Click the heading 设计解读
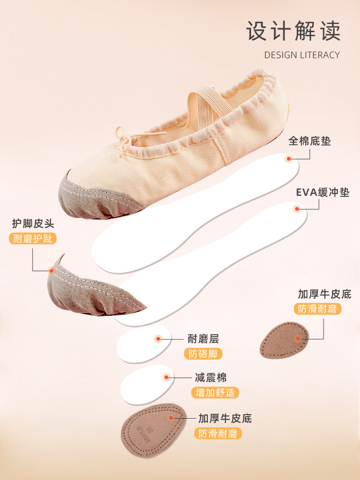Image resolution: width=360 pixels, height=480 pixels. click(x=293, y=31)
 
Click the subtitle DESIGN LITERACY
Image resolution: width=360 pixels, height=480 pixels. click(x=302, y=55)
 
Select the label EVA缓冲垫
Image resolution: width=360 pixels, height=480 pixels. click(x=322, y=193)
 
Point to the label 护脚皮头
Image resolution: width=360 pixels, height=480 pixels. click(x=34, y=223)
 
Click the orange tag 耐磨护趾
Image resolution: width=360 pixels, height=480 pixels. click(x=33, y=239)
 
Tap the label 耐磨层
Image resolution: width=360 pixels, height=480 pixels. click(x=203, y=339)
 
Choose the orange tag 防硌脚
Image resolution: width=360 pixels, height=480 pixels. click(x=203, y=354)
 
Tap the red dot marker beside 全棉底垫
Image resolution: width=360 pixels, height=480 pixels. click(x=288, y=158)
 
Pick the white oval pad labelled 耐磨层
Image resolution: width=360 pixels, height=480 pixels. click(x=143, y=340)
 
